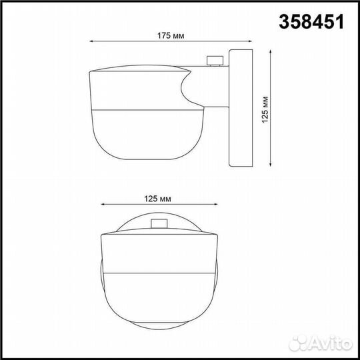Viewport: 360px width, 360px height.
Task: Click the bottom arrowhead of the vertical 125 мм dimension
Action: click(270, 166)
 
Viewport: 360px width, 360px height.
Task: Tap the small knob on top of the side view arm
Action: click(215, 61)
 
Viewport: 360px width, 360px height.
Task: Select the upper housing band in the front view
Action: click(159, 253)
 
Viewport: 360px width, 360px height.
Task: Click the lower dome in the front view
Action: click(159, 300)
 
